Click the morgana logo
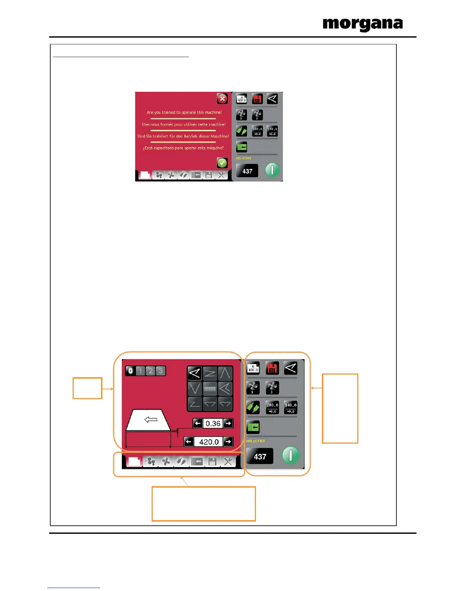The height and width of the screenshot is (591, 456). click(x=362, y=24)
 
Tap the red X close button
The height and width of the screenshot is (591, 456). click(x=222, y=99)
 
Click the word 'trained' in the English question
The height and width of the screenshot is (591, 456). click(x=168, y=112)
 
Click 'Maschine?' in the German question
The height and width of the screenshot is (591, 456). click(x=219, y=136)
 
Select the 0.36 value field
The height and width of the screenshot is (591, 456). click(x=213, y=423)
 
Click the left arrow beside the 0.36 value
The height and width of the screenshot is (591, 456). click(x=198, y=423)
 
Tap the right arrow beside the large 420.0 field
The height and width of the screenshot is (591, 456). click(x=228, y=442)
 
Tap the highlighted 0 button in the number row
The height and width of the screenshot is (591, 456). click(x=130, y=371)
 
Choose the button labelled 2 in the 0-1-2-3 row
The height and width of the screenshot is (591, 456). click(x=151, y=371)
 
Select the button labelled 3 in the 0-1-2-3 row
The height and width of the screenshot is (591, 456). click(x=161, y=371)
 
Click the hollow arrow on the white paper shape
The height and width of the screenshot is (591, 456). click(x=151, y=420)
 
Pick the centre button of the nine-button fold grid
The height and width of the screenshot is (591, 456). click(x=210, y=389)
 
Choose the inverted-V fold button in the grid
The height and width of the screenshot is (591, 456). click(x=225, y=373)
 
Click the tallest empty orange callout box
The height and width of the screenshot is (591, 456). click(x=340, y=408)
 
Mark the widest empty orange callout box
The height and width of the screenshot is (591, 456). click(x=203, y=504)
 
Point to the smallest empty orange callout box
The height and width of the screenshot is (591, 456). click(x=87, y=388)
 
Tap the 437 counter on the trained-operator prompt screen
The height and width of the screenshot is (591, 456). click(x=247, y=171)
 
